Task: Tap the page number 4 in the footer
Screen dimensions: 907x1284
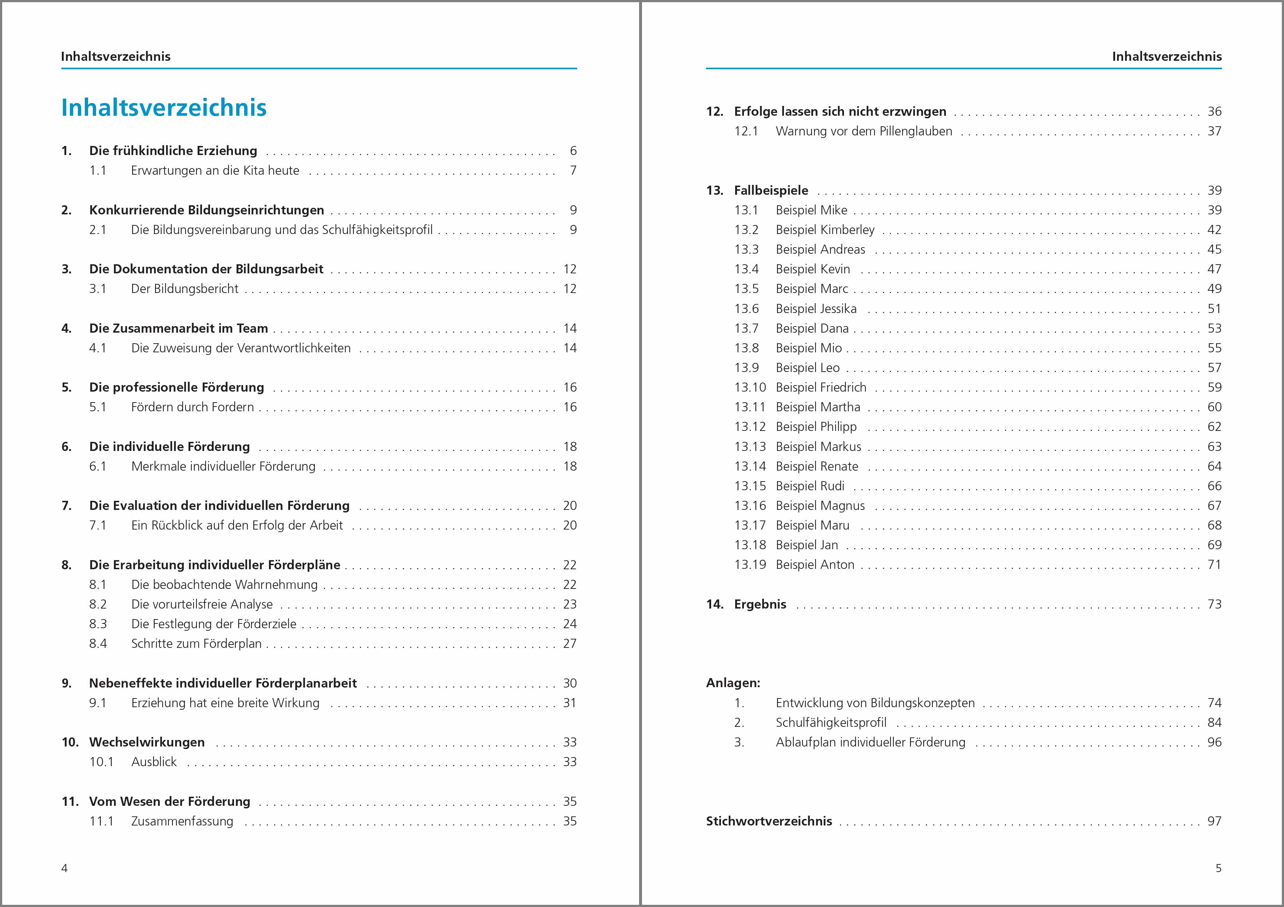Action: [64, 868]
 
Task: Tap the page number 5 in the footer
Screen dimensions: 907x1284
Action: [1218, 868]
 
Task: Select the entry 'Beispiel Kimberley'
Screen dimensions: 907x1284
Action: [825, 230]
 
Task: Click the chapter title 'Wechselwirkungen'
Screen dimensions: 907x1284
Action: [147, 742]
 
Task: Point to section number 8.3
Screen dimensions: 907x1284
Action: [98, 623]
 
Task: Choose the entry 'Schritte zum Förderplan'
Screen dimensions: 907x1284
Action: [196, 643]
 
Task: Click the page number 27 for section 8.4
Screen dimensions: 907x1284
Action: [569, 643]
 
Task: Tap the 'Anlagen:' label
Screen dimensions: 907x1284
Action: [733, 683]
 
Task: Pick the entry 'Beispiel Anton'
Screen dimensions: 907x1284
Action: [815, 565]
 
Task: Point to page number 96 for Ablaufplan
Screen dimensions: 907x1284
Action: [1214, 742]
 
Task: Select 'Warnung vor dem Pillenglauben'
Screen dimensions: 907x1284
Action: [863, 131]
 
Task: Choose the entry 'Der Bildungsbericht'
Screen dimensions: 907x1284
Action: [185, 289]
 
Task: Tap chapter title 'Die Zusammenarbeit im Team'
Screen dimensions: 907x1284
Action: [178, 328]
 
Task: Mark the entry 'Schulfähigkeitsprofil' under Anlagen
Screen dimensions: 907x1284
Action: [831, 722]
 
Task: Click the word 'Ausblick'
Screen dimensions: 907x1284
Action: [154, 762]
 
